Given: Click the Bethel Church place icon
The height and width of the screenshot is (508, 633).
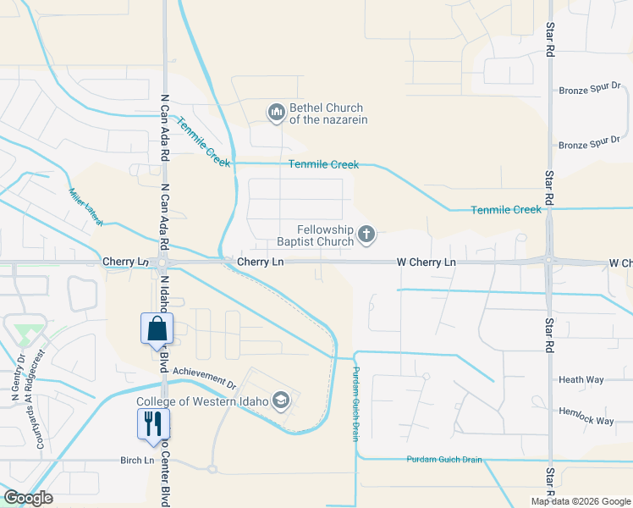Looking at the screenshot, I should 276,113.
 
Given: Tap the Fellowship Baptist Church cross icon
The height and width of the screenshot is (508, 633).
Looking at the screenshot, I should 366,235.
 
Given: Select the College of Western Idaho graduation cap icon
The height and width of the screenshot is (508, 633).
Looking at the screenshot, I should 282,401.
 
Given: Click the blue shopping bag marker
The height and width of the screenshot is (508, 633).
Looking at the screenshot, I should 157,329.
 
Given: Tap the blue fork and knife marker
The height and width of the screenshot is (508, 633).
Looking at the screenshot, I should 153,423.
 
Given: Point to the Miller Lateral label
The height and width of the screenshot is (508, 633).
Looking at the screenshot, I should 85,207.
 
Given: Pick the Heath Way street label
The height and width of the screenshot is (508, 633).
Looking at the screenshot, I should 581,380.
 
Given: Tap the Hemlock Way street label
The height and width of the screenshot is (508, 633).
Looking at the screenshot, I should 586,415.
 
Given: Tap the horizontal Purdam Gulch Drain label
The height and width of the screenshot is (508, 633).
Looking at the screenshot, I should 444,460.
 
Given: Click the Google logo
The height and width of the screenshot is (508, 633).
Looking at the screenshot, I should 28,498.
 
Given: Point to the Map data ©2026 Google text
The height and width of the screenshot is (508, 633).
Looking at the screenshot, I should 581,501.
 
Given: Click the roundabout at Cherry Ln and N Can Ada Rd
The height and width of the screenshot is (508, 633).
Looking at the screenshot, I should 162,262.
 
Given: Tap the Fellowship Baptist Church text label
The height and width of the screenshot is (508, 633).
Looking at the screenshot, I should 313,235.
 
